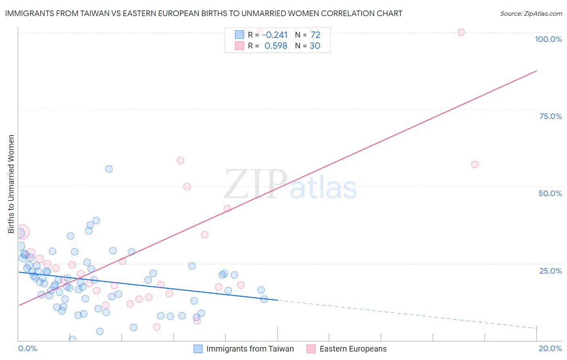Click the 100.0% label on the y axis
pos(548,39)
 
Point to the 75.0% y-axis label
pos(550,116)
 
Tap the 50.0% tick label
pos(550,193)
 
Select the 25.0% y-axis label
pos(550,271)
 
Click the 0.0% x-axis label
pos(27,348)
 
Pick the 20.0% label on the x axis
pos(550,348)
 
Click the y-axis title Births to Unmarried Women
pos(11,184)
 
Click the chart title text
pos(204,13)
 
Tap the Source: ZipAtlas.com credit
pos(531,13)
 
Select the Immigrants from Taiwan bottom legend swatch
pos(198,349)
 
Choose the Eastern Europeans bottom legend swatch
pos(311,349)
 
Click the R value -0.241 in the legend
pos(275,35)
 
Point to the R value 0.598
pos(276,46)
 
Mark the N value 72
pos(315,35)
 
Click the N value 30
pos(315,46)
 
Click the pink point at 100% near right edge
pos(461,32)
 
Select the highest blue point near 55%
pos(109,169)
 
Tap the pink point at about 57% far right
pos(475,164)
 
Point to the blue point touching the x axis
pos(73,339)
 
